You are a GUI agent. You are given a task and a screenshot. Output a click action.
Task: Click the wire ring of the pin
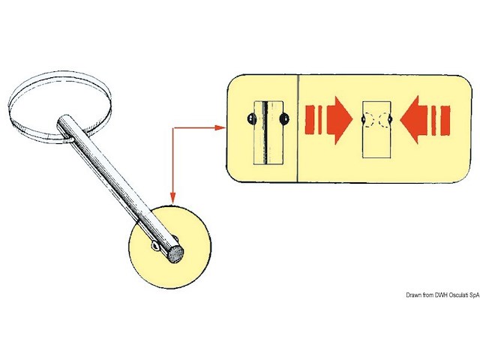coord(60,107)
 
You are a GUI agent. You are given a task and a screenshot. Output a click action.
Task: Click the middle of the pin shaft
coord(120,188)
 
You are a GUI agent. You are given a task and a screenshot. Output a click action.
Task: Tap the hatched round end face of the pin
coord(175,254)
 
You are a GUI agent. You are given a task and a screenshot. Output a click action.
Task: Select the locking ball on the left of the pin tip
coord(155,245)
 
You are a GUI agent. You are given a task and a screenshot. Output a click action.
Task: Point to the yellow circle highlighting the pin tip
coord(170,247)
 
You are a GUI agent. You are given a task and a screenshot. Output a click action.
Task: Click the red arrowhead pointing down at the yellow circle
coord(173,198)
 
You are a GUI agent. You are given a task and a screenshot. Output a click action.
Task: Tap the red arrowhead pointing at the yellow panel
coord(220,127)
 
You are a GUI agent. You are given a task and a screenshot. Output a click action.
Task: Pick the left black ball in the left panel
coord(251,118)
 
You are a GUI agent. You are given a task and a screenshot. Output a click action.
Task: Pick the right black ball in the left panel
coord(284,118)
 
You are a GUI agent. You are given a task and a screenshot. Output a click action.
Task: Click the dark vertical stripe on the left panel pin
coord(265,132)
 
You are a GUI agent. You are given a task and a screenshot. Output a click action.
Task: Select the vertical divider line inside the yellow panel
coord(297,128)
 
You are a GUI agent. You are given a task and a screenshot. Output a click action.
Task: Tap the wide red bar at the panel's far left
coord(310,120)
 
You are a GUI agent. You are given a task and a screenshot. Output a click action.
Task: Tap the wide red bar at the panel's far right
coord(445,120)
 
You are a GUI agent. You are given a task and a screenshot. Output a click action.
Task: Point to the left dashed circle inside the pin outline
coord(369,120)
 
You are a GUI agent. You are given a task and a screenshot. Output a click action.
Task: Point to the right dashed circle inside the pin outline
coord(385,120)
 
